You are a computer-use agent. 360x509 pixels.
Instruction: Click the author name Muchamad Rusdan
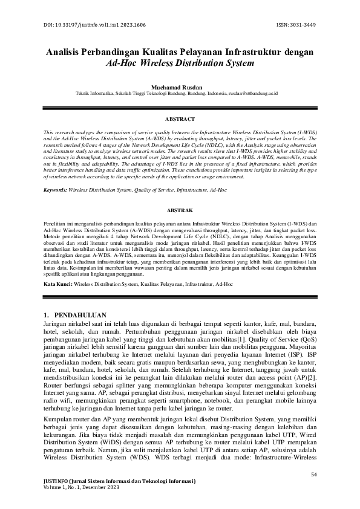tap(180, 88)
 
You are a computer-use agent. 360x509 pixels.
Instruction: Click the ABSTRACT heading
tap(180, 119)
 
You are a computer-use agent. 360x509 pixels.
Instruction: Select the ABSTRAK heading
tap(180, 210)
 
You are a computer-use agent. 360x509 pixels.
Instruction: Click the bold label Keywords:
tap(55, 190)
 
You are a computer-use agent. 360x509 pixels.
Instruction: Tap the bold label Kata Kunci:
tap(58, 283)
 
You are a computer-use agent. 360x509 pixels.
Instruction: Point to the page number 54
tap(313, 474)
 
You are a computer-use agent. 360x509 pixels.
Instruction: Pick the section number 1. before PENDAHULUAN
tap(48, 315)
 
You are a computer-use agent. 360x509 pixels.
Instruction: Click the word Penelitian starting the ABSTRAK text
tap(58, 224)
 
